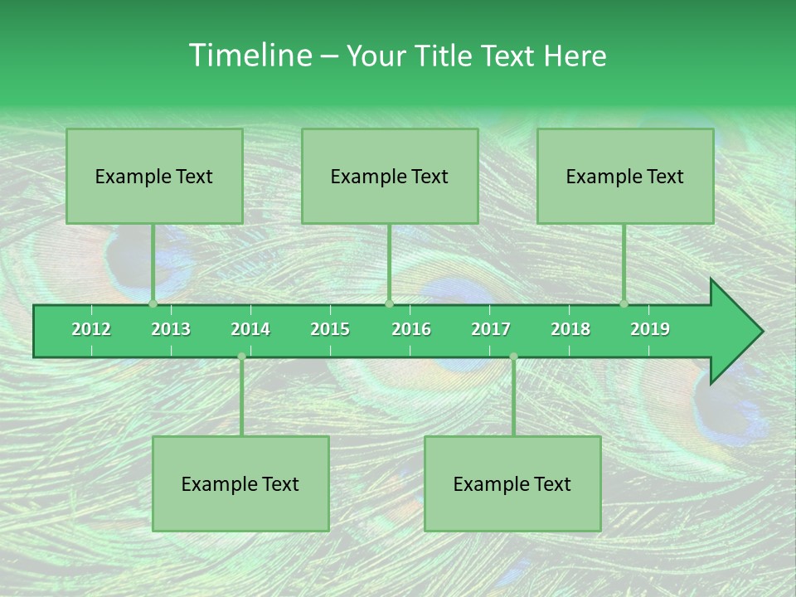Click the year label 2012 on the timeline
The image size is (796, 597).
click(x=91, y=329)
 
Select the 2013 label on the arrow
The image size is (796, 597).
click(x=171, y=329)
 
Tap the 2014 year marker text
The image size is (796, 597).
click(x=250, y=329)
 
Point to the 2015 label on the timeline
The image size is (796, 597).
click(x=330, y=329)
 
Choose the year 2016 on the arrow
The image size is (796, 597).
click(x=411, y=329)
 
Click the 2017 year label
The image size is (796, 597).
click(x=491, y=329)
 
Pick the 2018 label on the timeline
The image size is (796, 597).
click(x=570, y=329)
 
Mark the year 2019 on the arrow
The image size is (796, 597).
click(x=650, y=329)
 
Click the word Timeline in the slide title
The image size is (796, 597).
click(x=249, y=56)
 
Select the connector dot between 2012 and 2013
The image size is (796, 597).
click(x=153, y=303)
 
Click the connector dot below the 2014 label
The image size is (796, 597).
click(x=241, y=357)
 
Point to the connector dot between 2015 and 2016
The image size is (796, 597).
click(x=389, y=303)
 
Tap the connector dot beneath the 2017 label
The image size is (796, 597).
click(x=513, y=357)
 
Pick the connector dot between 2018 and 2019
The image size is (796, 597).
click(x=624, y=303)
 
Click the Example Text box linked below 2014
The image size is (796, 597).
click(x=240, y=483)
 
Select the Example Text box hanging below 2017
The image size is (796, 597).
click(x=512, y=483)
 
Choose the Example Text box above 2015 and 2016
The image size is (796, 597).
click(x=390, y=176)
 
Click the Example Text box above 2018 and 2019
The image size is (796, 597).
click(x=625, y=176)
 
